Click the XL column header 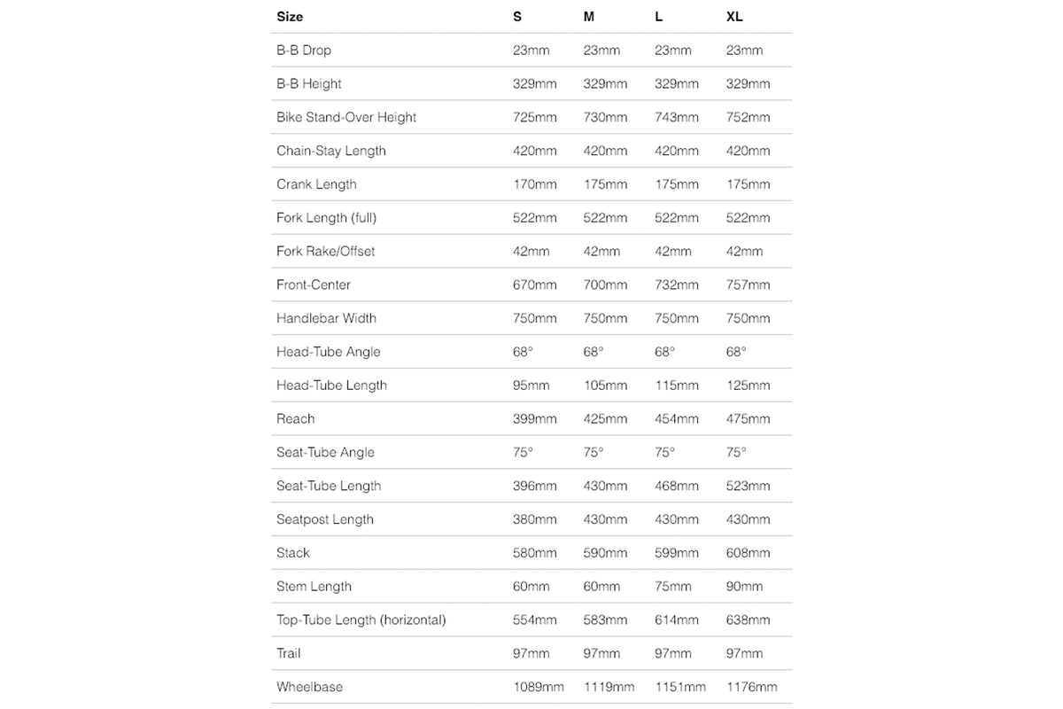tap(735, 16)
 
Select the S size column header tap(517, 16)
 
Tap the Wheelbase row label tap(309, 687)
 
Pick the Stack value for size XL tap(748, 553)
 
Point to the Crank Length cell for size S tap(535, 184)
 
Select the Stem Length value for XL tap(744, 587)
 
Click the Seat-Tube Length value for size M tap(605, 486)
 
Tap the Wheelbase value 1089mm tap(539, 687)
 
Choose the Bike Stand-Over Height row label tap(346, 117)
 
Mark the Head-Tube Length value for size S tap(531, 386)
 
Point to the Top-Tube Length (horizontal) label tap(361, 619)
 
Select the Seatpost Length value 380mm tap(535, 519)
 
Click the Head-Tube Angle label tap(328, 352)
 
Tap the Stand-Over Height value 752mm tap(748, 117)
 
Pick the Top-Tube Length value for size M tap(605, 619)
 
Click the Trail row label tap(289, 653)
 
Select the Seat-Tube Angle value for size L tap(664, 452)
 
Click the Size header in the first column tap(290, 16)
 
